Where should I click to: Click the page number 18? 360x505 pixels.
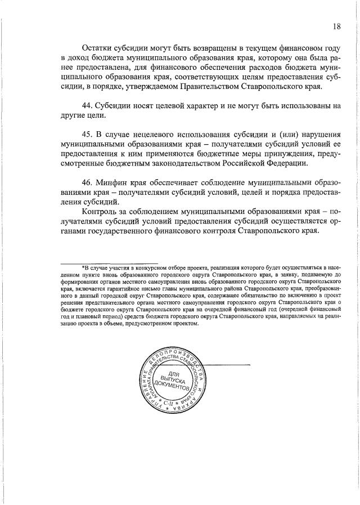coord(337,26)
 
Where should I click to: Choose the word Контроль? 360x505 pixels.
coord(101,211)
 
